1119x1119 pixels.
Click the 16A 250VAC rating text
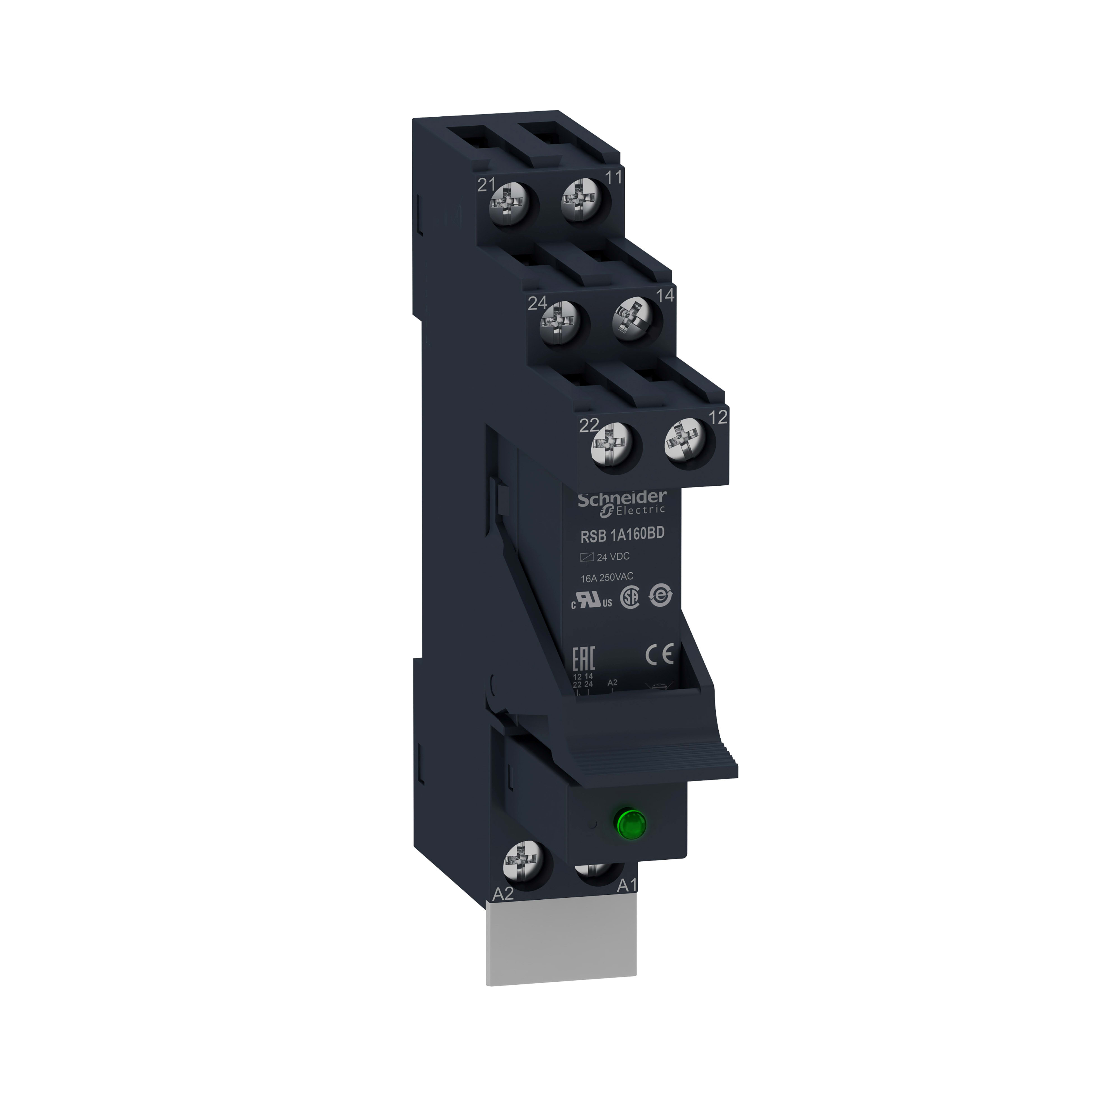point(607,577)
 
